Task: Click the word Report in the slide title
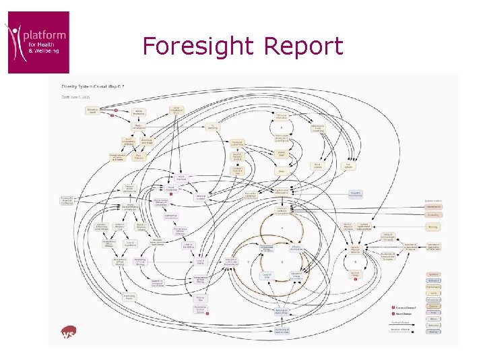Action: point(304,47)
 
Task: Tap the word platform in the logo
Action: point(44,34)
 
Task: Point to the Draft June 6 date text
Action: point(75,95)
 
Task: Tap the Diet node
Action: point(282,171)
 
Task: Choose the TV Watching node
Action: point(213,125)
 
